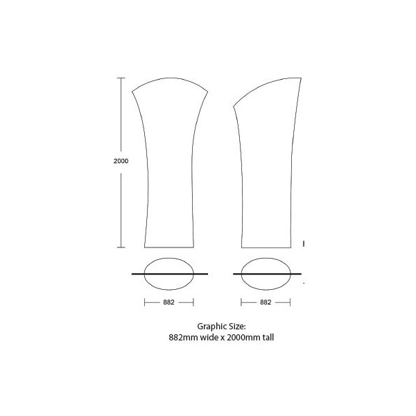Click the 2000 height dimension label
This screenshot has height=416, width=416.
click(121, 161)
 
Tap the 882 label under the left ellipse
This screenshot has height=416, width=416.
click(168, 302)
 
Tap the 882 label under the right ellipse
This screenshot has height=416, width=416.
click(266, 302)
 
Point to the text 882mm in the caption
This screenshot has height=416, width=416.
click(183, 338)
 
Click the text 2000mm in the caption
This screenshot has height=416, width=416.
click(243, 338)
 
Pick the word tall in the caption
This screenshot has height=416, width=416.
click(268, 338)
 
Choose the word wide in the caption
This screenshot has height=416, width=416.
click(209, 338)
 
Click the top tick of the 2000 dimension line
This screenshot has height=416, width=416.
click(121, 78)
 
